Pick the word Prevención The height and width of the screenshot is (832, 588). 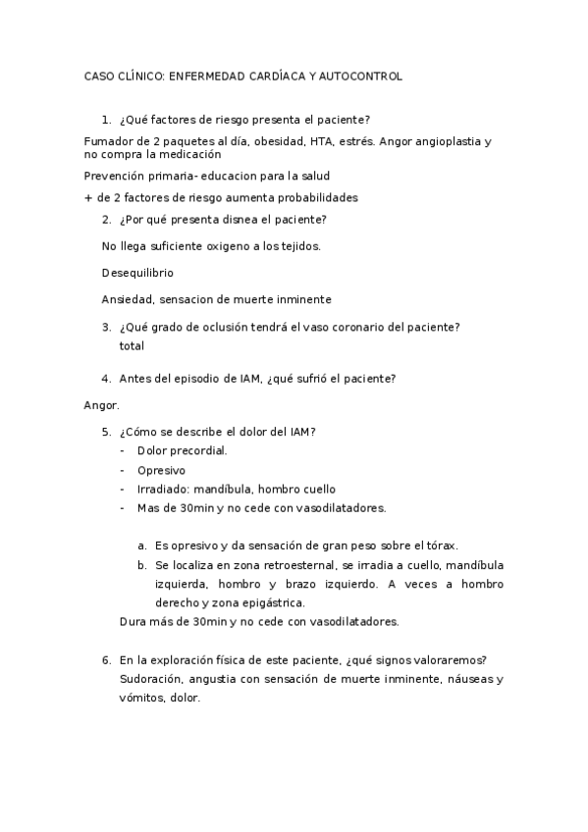point(115,176)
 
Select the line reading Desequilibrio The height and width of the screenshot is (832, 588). point(137,272)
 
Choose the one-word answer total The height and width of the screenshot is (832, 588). point(132,345)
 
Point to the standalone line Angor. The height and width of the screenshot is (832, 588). point(102,404)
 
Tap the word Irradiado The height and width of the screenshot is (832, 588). point(163,489)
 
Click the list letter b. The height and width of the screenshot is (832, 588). point(142,565)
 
